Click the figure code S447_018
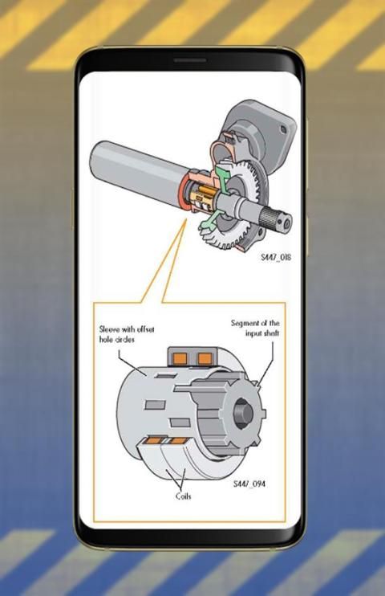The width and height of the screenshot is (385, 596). point(276,257)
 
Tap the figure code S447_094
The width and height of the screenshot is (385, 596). point(249,484)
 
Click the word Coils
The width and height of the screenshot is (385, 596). point(183,496)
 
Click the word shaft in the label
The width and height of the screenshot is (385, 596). point(271,333)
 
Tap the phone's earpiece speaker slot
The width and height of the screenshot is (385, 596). point(190,60)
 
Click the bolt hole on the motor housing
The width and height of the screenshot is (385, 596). point(283,129)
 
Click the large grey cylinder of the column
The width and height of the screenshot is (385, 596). point(136,163)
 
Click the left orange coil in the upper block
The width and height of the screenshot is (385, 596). point(179,358)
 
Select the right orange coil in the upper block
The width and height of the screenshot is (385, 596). point(205,358)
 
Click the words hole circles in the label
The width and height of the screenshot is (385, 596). point(116,340)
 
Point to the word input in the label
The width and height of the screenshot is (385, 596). point(253,333)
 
